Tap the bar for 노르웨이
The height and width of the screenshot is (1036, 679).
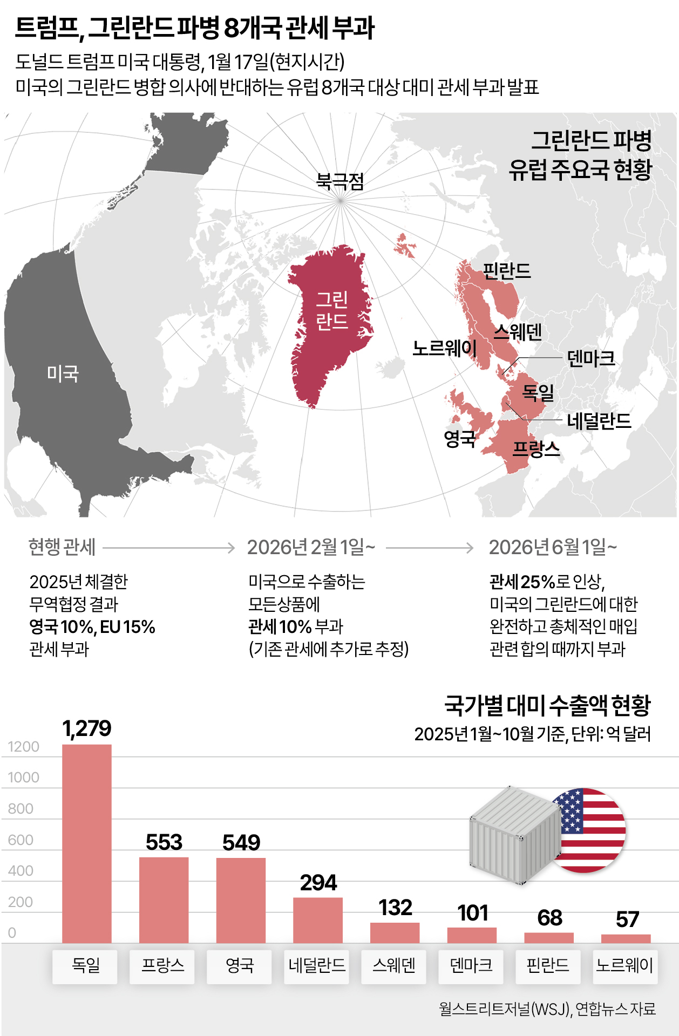pos(626,938)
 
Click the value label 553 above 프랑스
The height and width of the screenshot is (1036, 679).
pos(164,842)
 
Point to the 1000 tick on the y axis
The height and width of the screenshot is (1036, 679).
pos(23,778)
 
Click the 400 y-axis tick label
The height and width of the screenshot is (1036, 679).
pos(21,871)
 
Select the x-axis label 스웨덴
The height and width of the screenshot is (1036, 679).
pos(394,965)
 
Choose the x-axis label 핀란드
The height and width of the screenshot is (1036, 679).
pos(548,965)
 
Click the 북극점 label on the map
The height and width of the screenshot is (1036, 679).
pos(340,181)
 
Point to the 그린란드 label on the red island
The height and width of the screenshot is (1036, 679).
pos(332,310)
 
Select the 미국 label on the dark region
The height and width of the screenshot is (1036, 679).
pos(63,373)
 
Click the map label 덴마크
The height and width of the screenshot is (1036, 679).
pos(591,358)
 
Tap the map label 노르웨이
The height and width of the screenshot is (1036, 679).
pos(444,349)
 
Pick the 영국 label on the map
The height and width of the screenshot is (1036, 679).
pos(460,439)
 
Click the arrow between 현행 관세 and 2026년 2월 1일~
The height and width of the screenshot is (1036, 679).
pos(169,548)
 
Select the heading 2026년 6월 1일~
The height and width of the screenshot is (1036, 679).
pos(553,548)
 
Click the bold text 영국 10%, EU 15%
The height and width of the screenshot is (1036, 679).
pos(92,627)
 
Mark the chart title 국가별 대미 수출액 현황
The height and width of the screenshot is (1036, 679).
pos(547,705)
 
